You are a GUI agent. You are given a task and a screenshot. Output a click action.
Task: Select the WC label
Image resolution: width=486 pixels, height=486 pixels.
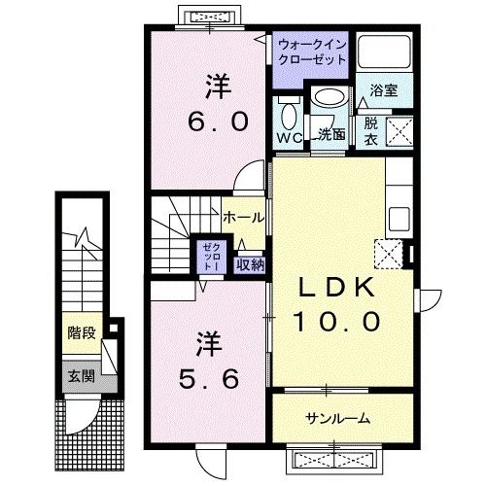tap(289, 138)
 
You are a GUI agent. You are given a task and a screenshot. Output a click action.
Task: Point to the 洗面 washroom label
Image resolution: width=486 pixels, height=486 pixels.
tap(330, 135)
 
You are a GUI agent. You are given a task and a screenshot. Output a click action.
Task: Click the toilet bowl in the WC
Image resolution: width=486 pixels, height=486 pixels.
tap(288, 116)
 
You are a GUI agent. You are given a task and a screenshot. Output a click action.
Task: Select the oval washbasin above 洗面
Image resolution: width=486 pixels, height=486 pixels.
tap(329, 100)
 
